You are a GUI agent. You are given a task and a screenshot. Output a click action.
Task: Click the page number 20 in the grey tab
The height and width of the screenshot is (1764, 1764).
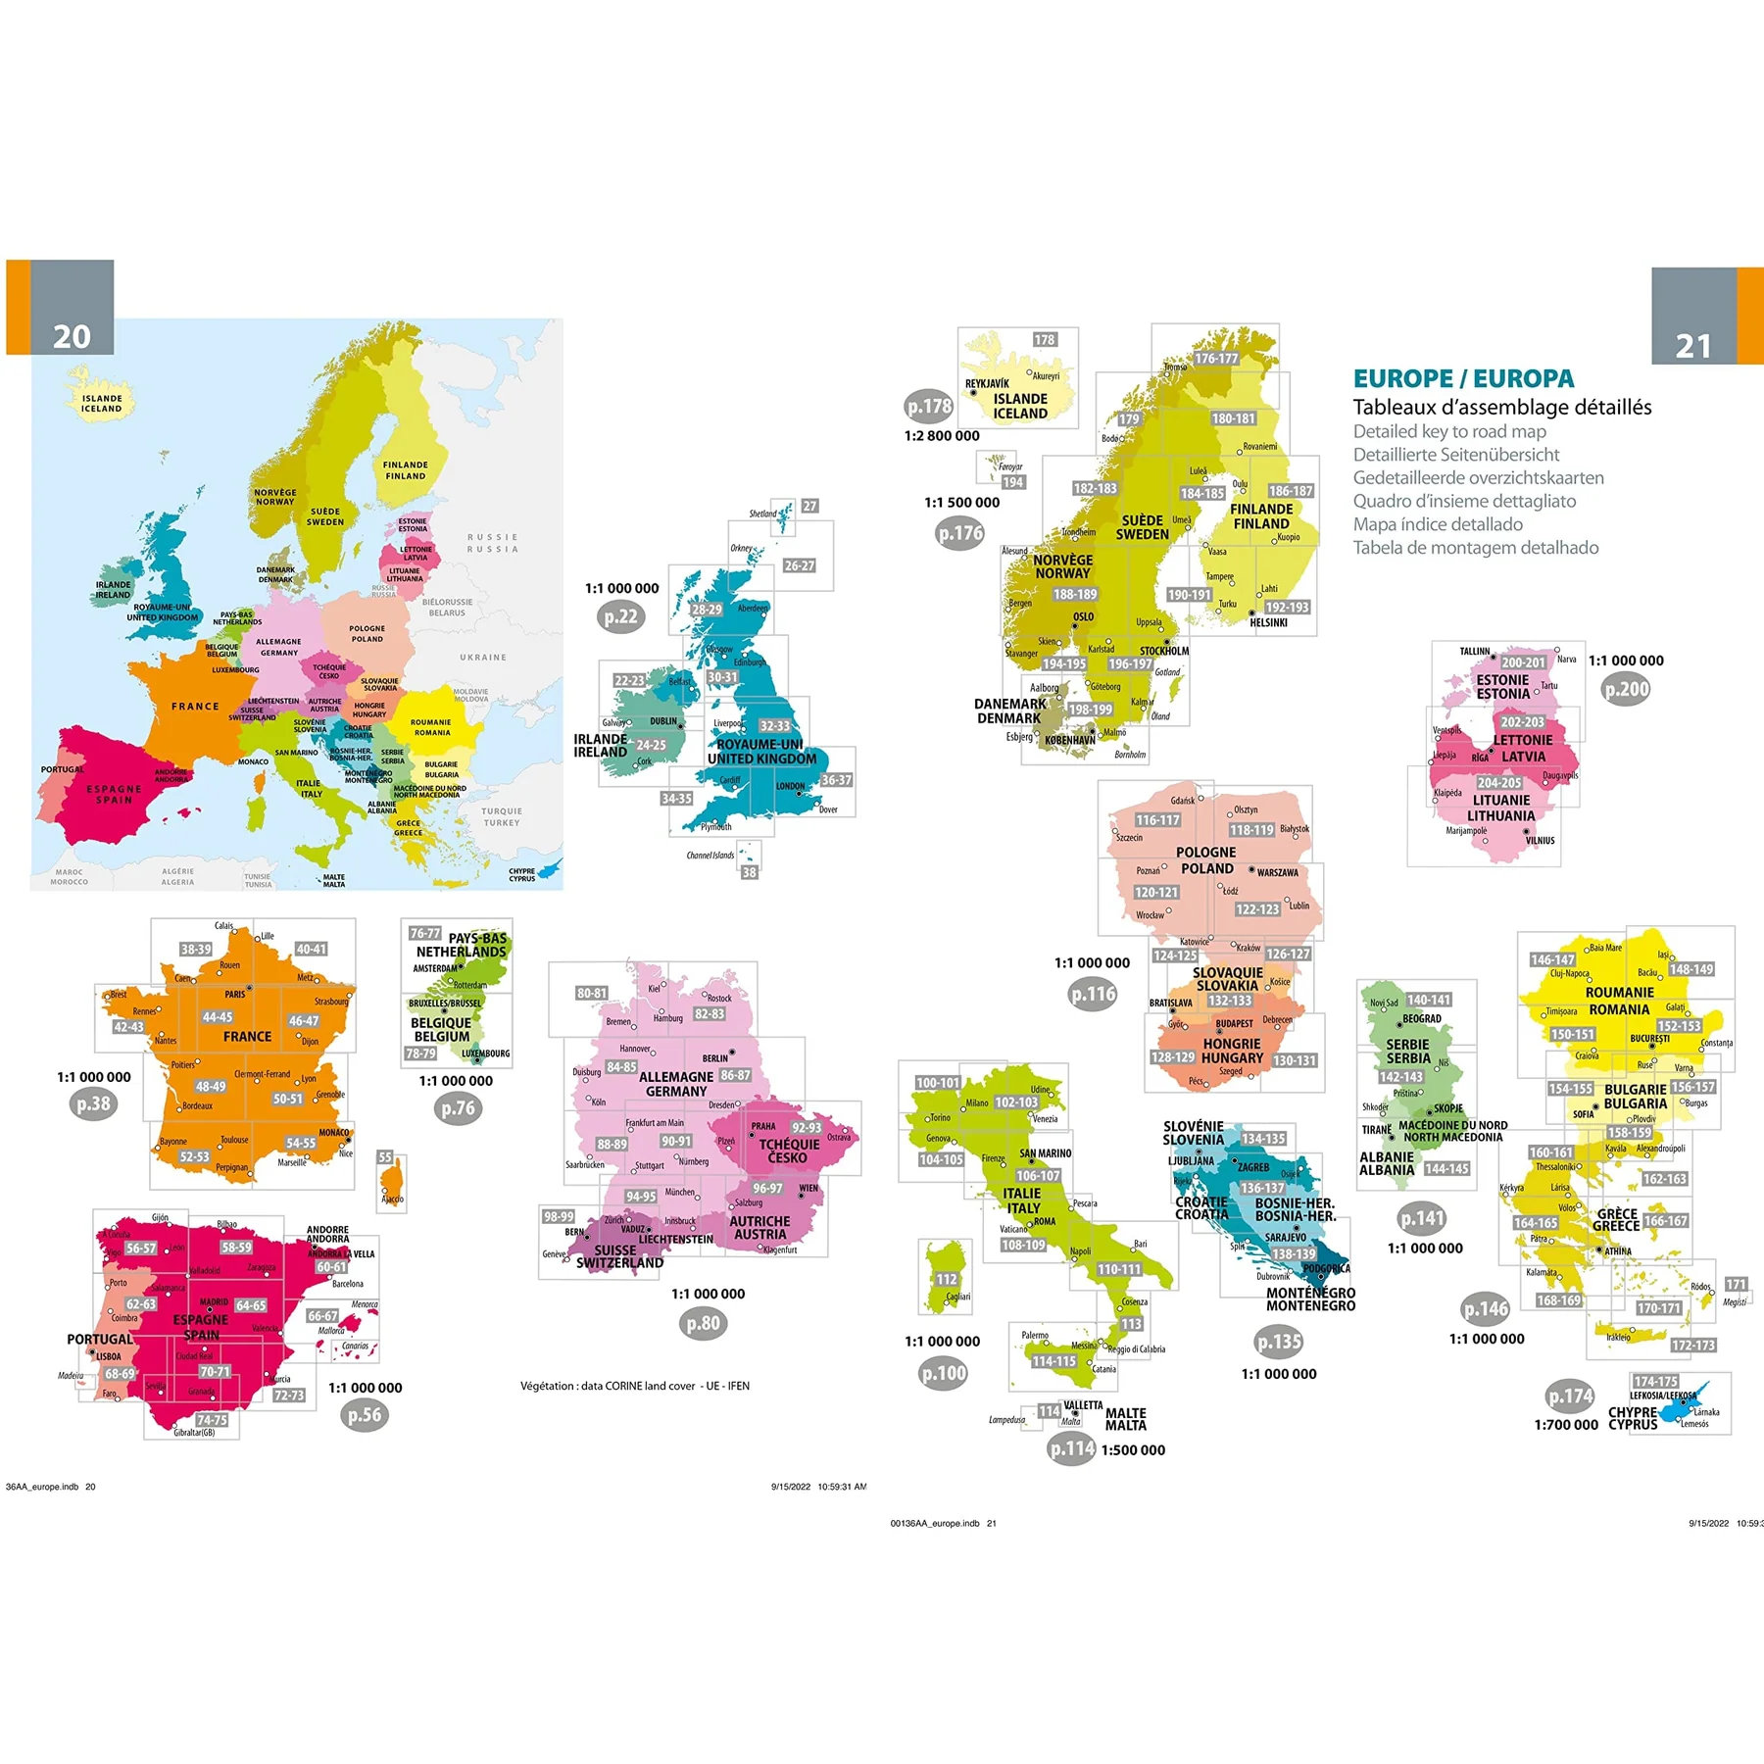pyautogui.click(x=72, y=336)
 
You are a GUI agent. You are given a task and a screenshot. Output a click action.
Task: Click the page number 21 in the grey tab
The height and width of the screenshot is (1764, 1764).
pyautogui.click(x=1692, y=345)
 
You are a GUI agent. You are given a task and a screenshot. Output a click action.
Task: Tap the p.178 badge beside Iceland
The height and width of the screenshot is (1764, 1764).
pyautogui.click(x=928, y=406)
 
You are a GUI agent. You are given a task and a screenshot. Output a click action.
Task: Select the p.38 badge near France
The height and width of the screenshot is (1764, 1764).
pyautogui.click(x=94, y=1104)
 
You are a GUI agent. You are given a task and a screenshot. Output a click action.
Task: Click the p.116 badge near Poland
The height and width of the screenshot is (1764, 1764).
pyautogui.click(x=1093, y=994)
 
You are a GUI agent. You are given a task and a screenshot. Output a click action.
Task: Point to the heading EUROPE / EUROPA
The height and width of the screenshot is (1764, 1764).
pyautogui.click(x=1463, y=378)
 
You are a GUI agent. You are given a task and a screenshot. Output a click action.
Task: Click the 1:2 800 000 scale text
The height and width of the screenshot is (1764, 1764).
pyautogui.click(x=941, y=436)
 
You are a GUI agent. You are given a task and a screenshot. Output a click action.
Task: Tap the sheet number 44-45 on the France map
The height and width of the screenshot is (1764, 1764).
pyautogui.click(x=218, y=1017)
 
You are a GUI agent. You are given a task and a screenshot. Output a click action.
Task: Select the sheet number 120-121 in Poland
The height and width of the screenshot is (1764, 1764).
pyautogui.click(x=1156, y=892)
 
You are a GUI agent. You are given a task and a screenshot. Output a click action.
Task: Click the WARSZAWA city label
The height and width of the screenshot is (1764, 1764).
pyautogui.click(x=1277, y=872)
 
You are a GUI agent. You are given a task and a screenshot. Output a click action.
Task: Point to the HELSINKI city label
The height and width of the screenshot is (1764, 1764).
pyautogui.click(x=1268, y=622)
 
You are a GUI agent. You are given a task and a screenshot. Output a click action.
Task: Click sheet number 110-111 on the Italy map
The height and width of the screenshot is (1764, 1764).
pyautogui.click(x=1119, y=1269)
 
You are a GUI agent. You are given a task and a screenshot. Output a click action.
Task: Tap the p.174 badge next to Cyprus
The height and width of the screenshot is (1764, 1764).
pyautogui.click(x=1570, y=1396)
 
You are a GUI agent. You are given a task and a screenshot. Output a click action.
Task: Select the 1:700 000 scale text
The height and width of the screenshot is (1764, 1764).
pyautogui.click(x=1566, y=1425)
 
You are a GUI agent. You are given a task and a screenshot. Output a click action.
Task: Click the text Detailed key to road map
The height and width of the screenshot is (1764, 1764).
pyautogui.click(x=1448, y=431)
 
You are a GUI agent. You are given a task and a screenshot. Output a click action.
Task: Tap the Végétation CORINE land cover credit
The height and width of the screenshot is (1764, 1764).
pyautogui.click(x=634, y=1386)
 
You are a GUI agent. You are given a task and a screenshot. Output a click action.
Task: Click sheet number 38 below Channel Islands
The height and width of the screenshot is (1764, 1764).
pyautogui.click(x=749, y=872)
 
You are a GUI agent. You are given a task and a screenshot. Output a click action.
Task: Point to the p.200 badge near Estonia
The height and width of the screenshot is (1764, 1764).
pyautogui.click(x=1626, y=689)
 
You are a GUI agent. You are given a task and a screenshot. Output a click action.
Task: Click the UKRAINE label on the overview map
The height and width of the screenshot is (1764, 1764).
pyautogui.click(x=483, y=658)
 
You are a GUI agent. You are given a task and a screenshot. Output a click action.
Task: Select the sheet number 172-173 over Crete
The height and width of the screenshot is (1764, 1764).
pyautogui.click(x=1693, y=1346)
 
